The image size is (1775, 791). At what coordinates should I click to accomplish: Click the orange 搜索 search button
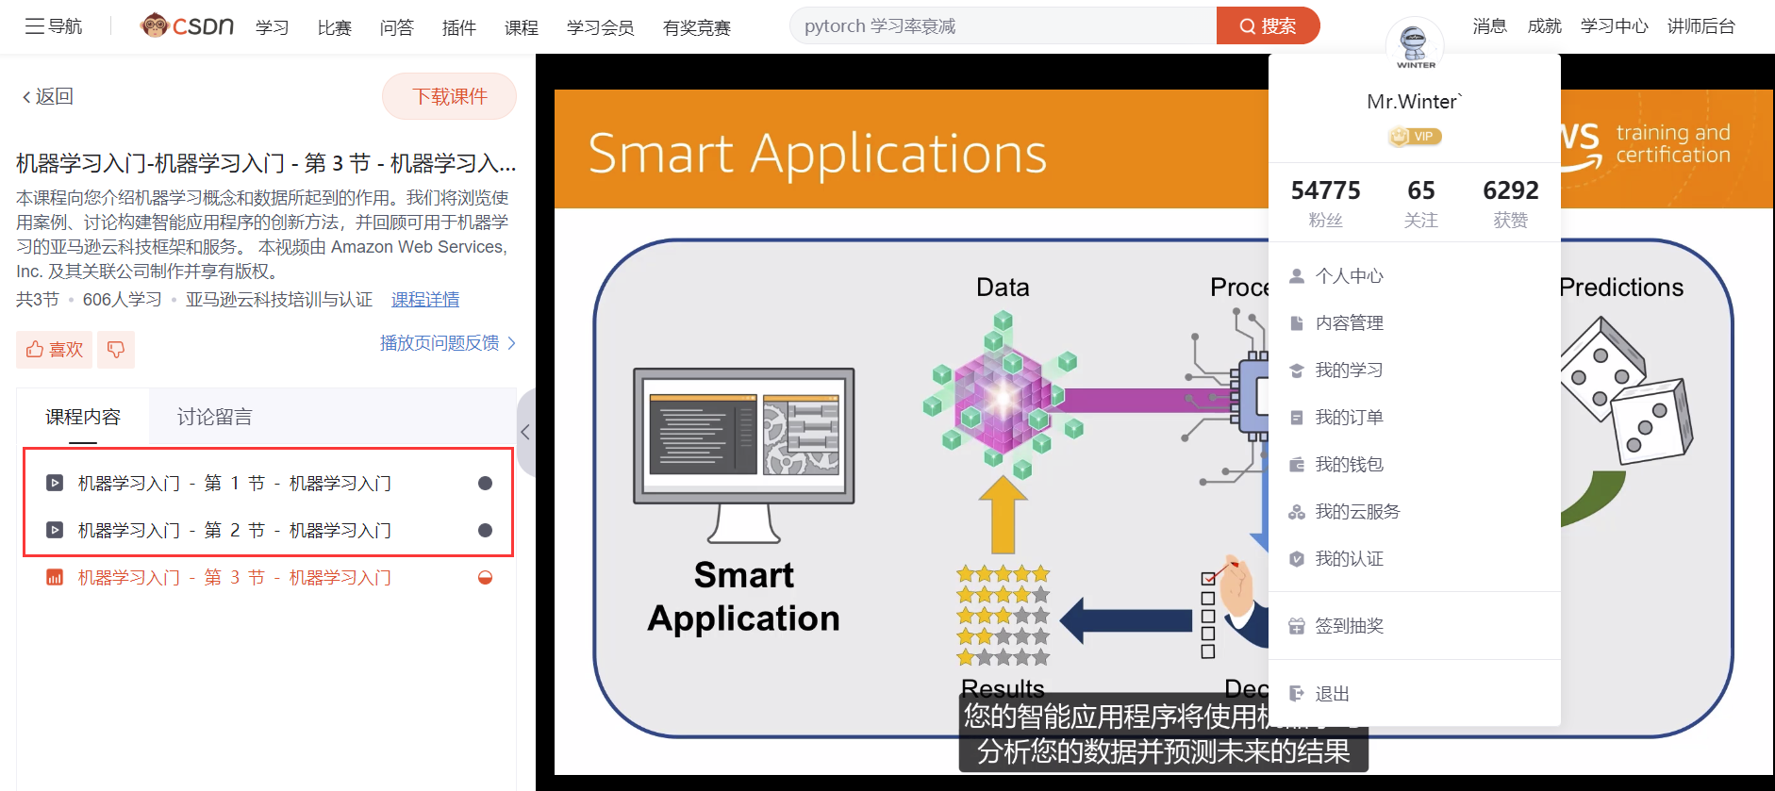pyautogui.click(x=1268, y=25)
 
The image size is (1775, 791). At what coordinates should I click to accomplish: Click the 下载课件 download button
pyautogui.click(x=449, y=96)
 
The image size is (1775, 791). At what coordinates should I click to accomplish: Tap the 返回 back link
pyautogui.click(x=47, y=96)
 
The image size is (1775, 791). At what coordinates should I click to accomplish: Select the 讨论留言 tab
pyautogui.click(x=214, y=417)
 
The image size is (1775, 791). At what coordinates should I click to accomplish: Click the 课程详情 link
pyautogui.click(x=425, y=299)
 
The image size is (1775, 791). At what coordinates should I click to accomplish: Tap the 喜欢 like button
pyautogui.click(x=55, y=349)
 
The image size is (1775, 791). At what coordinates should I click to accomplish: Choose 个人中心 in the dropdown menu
pyautogui.click(x=1349, y=275)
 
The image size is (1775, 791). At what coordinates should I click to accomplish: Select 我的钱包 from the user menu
pyautogui.click(x=1349, y=464)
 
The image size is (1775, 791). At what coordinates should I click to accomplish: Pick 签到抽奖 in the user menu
pyautogui.click(x=1349, y=626)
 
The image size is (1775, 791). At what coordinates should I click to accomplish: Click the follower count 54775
pyautogui.click(x=1325, y=190)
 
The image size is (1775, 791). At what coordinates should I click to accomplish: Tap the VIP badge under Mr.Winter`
pyautogui.click(x=1415, y=137)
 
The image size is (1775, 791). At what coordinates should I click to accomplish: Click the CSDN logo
pyautogui.click(x=187, y=25)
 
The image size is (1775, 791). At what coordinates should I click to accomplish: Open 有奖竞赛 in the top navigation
pyautogui.click(x=697, y=27)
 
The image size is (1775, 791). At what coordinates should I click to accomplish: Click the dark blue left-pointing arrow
pyautogui.click(x=1126, y=620)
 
